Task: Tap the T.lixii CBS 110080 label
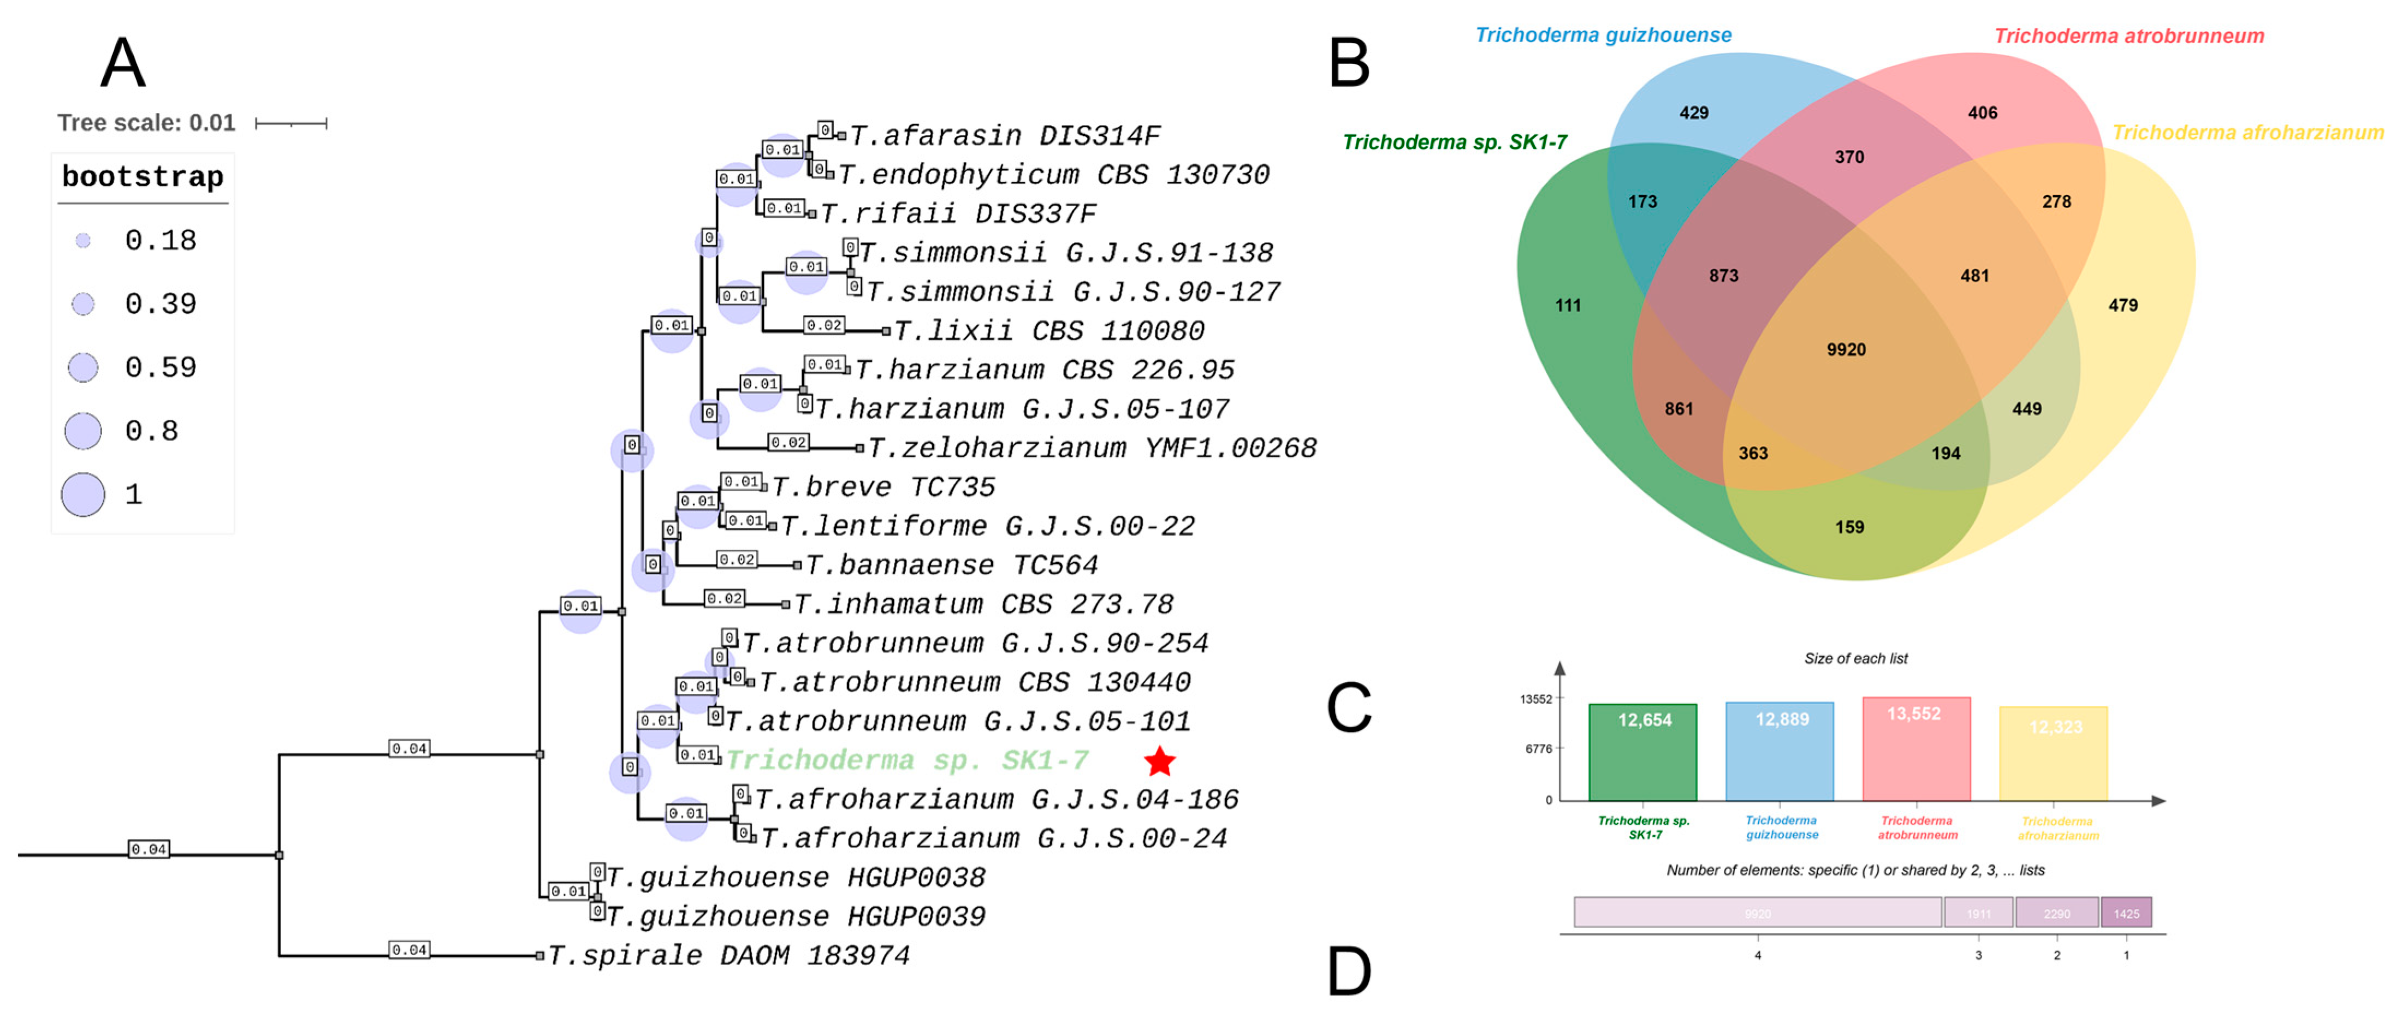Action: [1048, 331]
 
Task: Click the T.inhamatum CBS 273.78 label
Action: [983, 605]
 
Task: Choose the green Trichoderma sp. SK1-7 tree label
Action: [907, 761]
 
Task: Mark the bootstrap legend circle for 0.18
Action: [84, 241]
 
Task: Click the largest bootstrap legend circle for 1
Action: [83, 494]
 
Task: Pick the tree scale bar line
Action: [291, 123]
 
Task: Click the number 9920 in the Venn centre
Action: [1846, 350]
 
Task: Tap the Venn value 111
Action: [1568, 305]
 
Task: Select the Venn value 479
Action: [2122, 305]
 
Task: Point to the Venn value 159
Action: [1849, 527]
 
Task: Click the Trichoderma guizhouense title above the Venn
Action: [1604, 35]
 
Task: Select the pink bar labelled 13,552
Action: [1916, 749]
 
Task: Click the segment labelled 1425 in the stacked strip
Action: [2126, 913]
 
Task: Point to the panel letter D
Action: [1349, 972]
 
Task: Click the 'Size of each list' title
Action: [1855, 658]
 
